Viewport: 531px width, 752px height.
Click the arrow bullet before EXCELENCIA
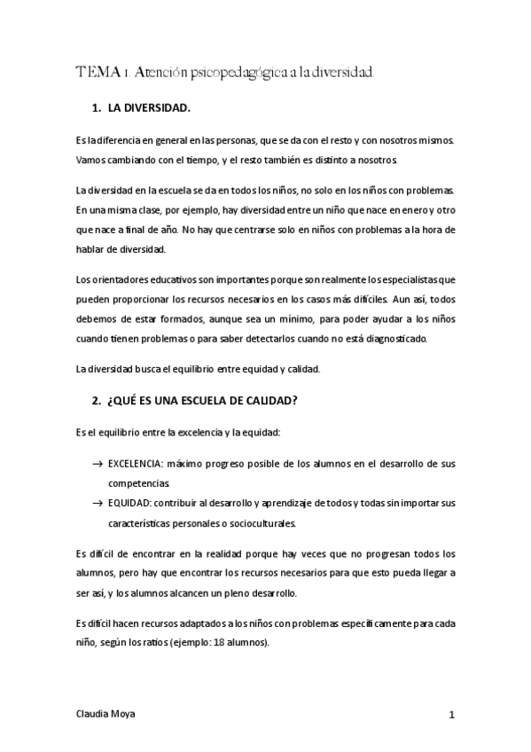pos(97,465)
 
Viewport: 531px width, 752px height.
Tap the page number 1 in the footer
pos(451,714)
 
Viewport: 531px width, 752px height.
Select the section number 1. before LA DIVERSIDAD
pos(97,109)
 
